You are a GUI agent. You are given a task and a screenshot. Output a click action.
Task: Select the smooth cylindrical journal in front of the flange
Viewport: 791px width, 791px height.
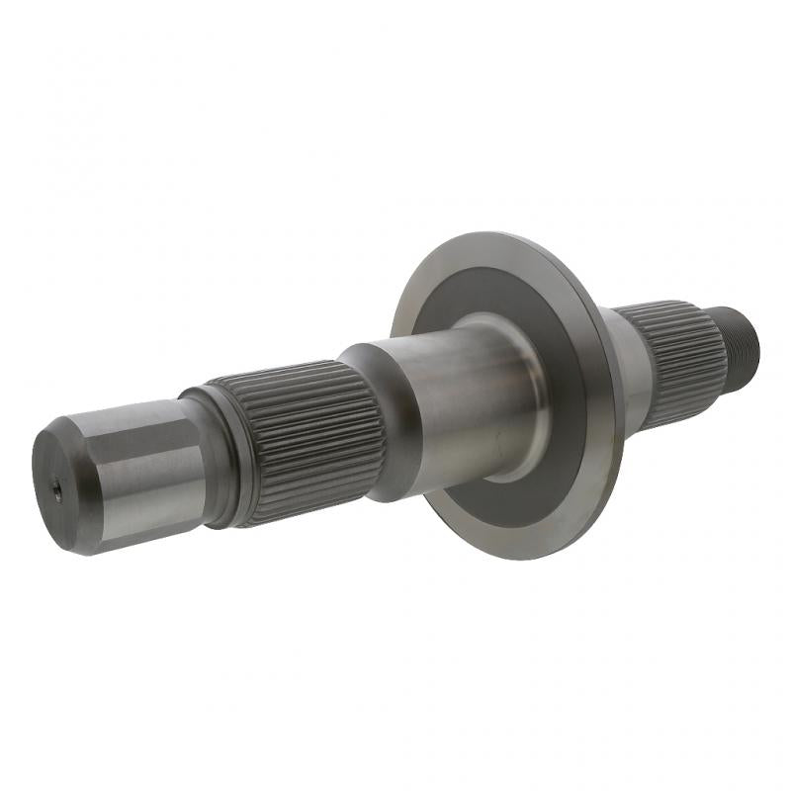[x=445, y=405]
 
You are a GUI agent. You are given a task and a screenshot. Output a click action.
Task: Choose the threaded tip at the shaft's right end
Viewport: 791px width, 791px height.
[x=747, y=341]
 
